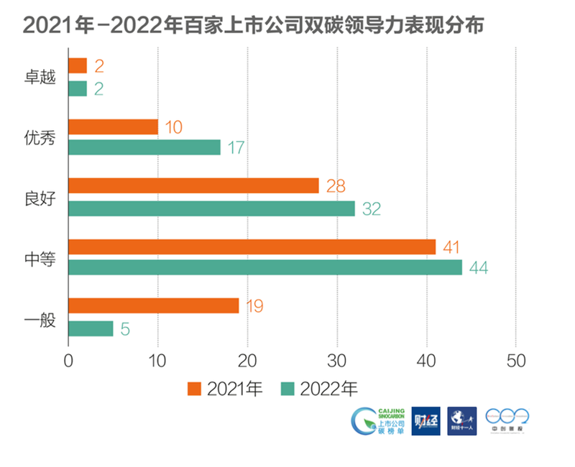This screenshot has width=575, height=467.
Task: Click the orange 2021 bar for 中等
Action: pos(252,246)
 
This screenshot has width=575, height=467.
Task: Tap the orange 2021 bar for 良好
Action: pos(193,186)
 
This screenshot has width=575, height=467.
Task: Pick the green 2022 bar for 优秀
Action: pos(144,147)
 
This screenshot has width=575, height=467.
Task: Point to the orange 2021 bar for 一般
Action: pos(153,305)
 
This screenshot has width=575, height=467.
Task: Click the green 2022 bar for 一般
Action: pos(91,329)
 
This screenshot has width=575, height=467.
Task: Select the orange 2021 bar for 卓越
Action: pos(77,66)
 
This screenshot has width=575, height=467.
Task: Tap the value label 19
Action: pos(254,306)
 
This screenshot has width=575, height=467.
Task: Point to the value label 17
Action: pos(236,148)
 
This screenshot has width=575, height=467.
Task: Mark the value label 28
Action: pos(335,187)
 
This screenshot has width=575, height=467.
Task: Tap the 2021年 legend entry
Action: pos(225,389)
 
